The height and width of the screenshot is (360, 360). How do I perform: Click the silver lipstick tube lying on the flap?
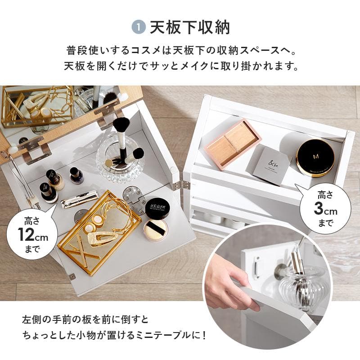point(80,199)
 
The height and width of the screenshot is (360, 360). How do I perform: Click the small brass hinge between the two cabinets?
point(184,185)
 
